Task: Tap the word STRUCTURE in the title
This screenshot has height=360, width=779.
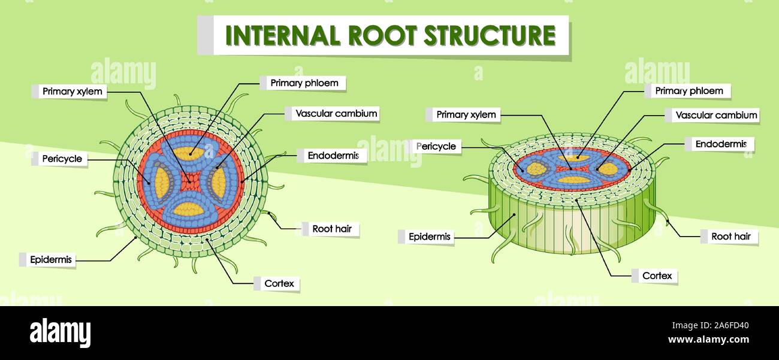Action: pos(490,35)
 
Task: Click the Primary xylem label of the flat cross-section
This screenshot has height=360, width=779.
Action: pos(72,92)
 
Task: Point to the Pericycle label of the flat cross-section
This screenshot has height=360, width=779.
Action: pos(62,159)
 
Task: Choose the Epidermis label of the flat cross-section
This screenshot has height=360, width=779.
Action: pos(50,259)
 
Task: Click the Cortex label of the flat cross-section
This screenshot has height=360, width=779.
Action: pos(279,283)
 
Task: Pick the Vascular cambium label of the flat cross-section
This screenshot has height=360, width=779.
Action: pos(336,113)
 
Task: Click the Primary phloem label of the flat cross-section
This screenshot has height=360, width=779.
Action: pos(304,83)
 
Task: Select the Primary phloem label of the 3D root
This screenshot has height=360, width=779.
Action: pos(689,91)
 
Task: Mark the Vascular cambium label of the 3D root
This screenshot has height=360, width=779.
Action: pos(716,115)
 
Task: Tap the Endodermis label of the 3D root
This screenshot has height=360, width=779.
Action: pos(720,144)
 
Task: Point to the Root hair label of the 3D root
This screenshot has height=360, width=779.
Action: pos(730,237)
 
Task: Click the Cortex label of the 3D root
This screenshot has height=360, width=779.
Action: pos(657,276)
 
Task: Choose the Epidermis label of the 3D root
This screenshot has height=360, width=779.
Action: pos(429,237)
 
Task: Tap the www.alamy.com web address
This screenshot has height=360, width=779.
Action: pos(708,340)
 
